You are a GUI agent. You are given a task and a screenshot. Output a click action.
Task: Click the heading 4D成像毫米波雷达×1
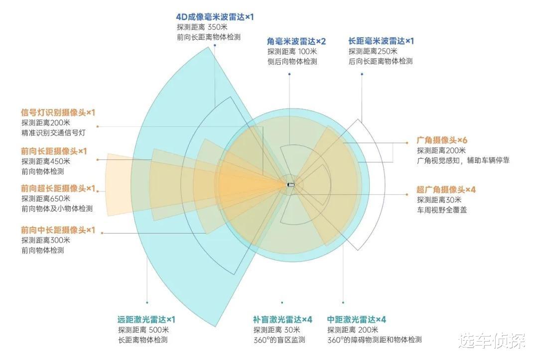pyautogui.click(x=215, y=16)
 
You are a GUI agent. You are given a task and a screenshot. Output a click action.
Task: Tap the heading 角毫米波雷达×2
pyautogui.click(x=296, y=41)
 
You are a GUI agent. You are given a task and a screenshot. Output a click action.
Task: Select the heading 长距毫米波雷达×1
pyautogui.click(x=381, y=41)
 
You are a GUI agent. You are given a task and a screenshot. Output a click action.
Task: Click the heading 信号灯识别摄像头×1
pyautogui.click(x=58, y=113)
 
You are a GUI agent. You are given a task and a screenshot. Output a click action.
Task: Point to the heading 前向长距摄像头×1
pyautogui.click(x=54, y=151)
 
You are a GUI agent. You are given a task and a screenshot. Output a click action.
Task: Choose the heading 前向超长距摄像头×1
pyautogui.click(x=58, y=188)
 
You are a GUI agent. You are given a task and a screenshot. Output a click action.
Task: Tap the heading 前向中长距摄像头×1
pyautogui.click(x=58, y=230)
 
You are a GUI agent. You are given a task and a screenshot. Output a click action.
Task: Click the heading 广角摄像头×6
pyautogui.click(x=442, y=140)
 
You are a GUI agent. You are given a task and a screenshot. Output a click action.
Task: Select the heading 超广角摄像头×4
pyautogui.click(x=446, y=190)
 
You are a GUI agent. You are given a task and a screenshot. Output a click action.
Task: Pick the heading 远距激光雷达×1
pyautogui.click(x=146, y=319)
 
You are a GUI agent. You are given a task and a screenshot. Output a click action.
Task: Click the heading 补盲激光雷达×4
pyautogui.click(x=282, y=319)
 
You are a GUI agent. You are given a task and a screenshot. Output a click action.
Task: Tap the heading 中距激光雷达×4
pyautogui.click(x=357, y=319)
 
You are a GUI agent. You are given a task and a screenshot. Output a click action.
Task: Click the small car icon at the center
pyautogui.click(x=291, y=185)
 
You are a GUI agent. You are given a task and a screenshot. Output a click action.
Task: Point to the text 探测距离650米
pyautogui.click(x=46, y=198)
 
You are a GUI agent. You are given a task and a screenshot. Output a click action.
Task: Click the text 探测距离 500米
pyautogui.click(x=143, y=329)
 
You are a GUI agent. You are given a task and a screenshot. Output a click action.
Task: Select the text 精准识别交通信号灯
pyautogui.click(x=53, y=133)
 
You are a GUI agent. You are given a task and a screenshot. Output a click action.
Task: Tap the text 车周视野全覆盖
pyautogui.click(x=442, y=210)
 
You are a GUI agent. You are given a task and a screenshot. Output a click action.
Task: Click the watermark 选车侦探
pyautogui.click(x=492, y=341)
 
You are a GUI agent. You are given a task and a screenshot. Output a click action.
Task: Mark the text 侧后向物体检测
pyautogui.click(x=292, y=62)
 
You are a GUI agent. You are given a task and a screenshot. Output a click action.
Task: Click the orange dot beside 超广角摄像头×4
pyautogui.click(x=406, y=195)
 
